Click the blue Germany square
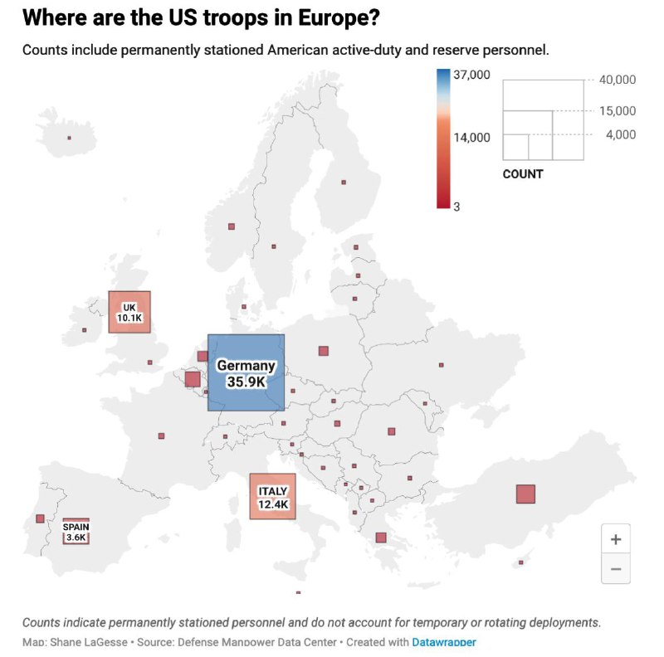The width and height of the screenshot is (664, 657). pyautogui.click(x=246, y=372)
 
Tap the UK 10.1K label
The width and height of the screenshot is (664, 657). pyautogui.click(x=129, y=313)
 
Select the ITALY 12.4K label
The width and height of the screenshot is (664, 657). pyautogui.click(x=273, y=498)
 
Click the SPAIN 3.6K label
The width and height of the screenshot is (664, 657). pyautogui.click(x=76, y=532)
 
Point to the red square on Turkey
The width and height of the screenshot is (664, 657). pyautogui.click(x=525, y=494)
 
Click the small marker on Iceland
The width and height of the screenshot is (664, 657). pyautogui.click(x=69, y=138)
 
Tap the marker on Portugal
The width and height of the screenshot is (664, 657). pyautogui.click(x=40, y=518)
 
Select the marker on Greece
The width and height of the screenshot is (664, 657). pyautogui.click(x=381, y=538)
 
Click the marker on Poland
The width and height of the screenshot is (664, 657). pyautogui.click(x=324, y=351)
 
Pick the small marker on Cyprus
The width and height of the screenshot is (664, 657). pyautogui.click(x=521, y=562)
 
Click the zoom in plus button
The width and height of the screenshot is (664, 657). pyautogui.click(x=616, y=539)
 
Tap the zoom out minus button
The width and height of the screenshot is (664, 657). pyautogui.click(x=616, y=568)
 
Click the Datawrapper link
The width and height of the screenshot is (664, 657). pyautogui.click(x=444, y=642)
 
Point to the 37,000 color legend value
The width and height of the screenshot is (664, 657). pyautogui.click(x=471, y=75)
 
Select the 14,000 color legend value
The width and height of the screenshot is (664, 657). pyautogui.click(x=471, y=138)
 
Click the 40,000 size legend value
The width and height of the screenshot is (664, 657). pyautogui.click(x=618, y=80)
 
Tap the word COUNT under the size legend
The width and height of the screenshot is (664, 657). pyautogui.click(x=523, y=174)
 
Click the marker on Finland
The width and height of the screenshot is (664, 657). pyautogui.click(x=344, y=182)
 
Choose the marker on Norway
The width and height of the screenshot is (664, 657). pyautogui.click(x=232, y=226)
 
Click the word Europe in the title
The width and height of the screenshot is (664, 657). pyautogui.click(x=339, y=17)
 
